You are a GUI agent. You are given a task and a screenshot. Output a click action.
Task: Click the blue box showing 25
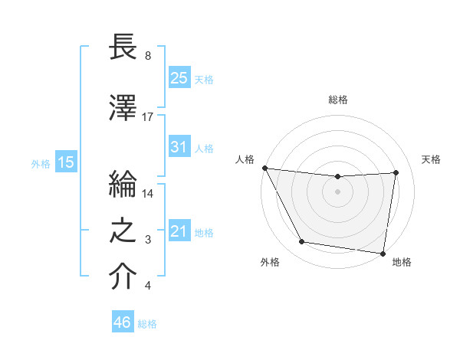click(179, 77)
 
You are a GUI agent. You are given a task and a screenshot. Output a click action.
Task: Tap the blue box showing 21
click(179, 231)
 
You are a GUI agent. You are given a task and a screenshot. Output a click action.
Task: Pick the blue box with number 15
click(66, 162)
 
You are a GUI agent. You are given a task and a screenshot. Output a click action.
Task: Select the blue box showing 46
click(123, 322)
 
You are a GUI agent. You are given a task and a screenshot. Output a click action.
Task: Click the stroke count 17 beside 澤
click(148, 117)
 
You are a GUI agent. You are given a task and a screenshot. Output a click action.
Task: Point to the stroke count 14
click(148, 194)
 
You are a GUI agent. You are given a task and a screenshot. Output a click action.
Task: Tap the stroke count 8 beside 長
click(147, 57)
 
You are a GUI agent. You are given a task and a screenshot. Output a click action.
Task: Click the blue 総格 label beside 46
click(147, 324)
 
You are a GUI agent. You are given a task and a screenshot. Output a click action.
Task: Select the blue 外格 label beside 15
click(41, 163)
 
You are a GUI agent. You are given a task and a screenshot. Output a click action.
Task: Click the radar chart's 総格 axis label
click(338, 100)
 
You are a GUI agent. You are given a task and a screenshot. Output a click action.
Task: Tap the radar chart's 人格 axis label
click(245, 159)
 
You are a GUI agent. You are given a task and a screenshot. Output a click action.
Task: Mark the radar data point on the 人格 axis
click(265, 168)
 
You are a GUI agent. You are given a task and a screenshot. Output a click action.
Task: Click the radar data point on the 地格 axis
click(383, 253)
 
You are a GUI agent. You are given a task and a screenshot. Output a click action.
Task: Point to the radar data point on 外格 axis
click(302, 243)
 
